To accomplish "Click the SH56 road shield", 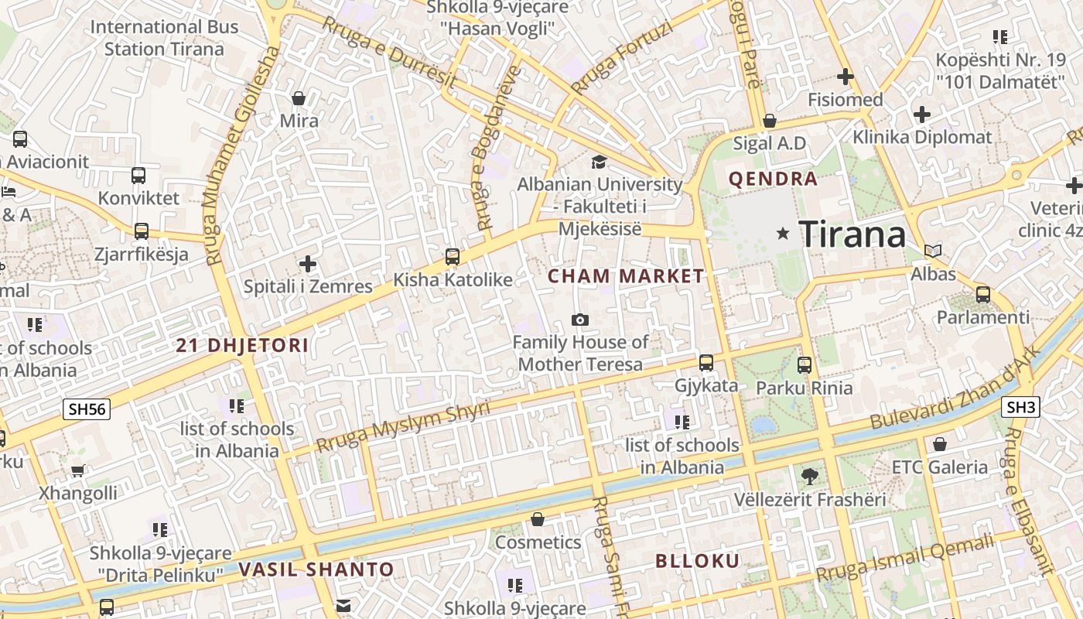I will tap(88, 409).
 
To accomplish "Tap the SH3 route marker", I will tap(1021, 406).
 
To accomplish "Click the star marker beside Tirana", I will tap(783, 233).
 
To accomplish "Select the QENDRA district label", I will tap(773, 179).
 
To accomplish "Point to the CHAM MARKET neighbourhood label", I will tap(627, 275).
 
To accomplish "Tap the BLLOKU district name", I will tap(698, 561).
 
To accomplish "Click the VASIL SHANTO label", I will tap(316, 569).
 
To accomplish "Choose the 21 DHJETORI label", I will tap(242, 345).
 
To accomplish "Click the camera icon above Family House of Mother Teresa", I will tap(579, 320).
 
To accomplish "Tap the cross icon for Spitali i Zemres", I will tap(308, 264).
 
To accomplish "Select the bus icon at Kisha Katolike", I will tap(453, 256).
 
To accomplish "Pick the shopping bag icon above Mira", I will tap(299, 98).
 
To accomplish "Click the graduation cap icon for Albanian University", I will tap(599, 162).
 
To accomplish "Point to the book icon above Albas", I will tap(933, 251).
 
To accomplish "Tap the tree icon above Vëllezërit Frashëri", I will tap(809, 476).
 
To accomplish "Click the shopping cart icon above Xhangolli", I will tap(77, 470).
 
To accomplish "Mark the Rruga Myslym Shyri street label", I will tap(403, 427).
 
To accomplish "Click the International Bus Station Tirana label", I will tap(164, 38).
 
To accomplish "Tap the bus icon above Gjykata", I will tap(706, 362).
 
